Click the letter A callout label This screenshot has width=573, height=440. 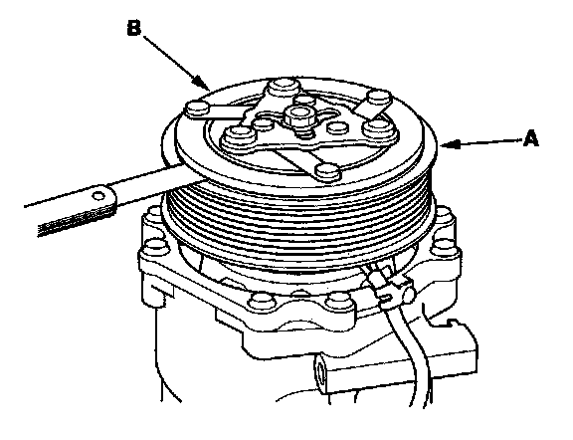[530, 139]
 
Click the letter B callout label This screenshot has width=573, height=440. [134, 28]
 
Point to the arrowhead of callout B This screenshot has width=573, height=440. [201, 83]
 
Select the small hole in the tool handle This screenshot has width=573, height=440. [98, 196]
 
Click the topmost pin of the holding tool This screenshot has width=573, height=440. [282, 87]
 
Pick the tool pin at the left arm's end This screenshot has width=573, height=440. [196, 108]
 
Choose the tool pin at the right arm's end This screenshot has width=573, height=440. [379, 99]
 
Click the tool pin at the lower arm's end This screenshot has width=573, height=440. [328, 172]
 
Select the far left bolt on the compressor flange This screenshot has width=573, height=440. [156, 247]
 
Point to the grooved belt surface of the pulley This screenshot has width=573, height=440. [297, 223]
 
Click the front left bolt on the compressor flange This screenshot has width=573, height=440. [261, 300]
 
